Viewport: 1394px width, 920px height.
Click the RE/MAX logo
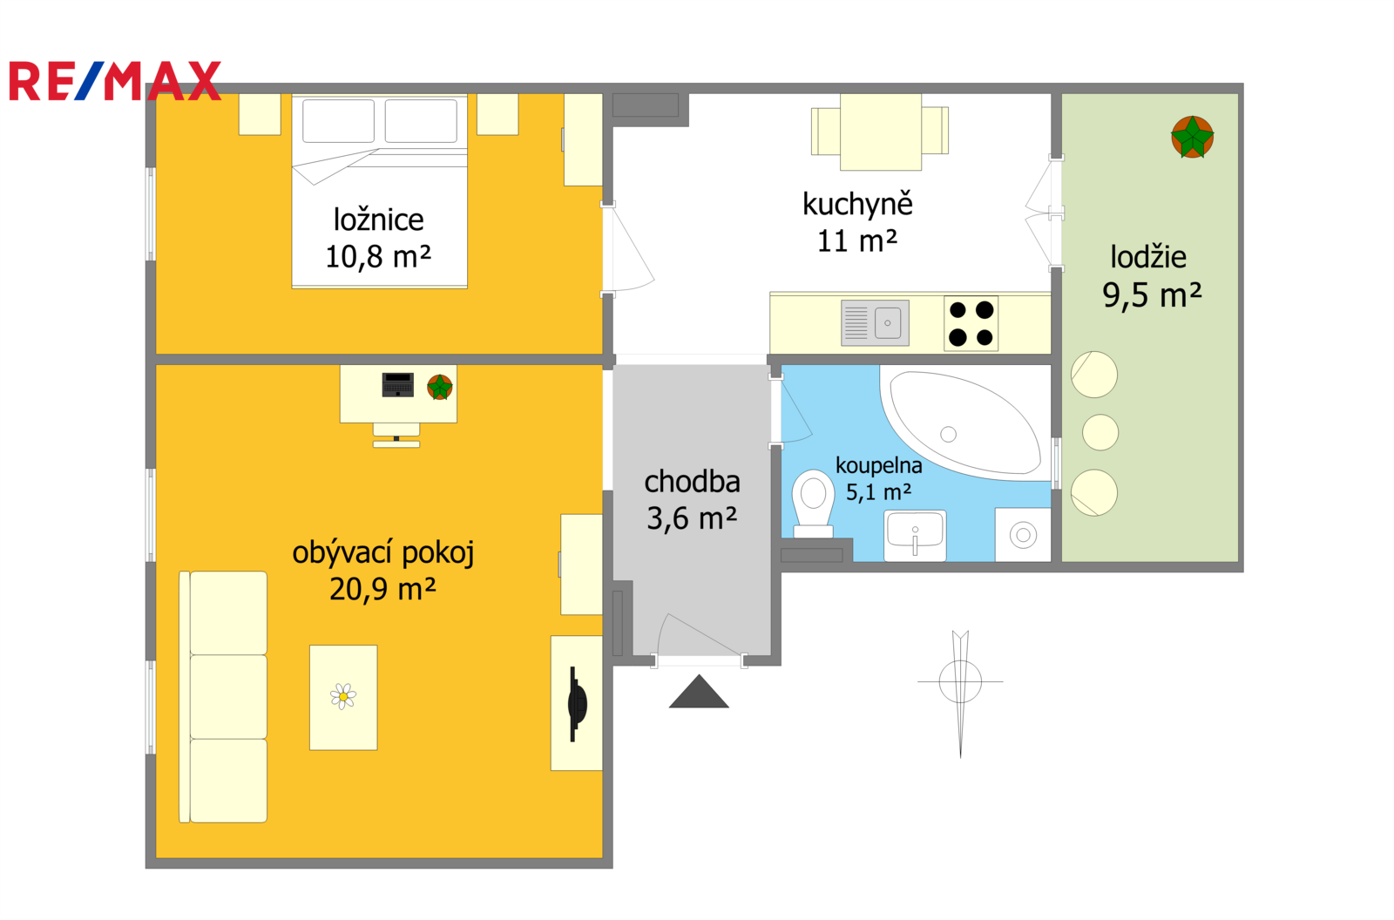pos(115,81)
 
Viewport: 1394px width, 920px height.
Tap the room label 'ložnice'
pos(378,220)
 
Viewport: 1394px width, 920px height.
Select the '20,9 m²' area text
pos(382,589)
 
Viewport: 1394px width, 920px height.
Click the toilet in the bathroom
pos(813,504)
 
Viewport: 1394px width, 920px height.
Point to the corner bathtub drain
pos(949,434)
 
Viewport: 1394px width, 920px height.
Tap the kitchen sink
pos(875,323)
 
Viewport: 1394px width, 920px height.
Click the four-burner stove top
pos(971,324)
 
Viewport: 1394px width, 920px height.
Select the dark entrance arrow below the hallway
pos(699,692)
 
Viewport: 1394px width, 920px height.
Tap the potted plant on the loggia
pos(1193,137)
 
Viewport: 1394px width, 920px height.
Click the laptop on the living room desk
pos(397,385)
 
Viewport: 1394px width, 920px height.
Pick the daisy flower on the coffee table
pos(343,696)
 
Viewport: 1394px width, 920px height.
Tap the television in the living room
pos(577,704)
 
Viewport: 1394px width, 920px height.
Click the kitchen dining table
pos(881,132)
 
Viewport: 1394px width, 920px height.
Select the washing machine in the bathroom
pos(1023,535)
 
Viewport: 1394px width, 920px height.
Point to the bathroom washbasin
pos(915,535)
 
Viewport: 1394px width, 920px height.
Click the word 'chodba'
pos(692,482)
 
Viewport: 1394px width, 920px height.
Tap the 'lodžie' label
pos(1148,257)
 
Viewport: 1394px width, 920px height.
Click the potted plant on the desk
pos(440,387)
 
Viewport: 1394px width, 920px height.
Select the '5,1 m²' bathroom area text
pos(878,492)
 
